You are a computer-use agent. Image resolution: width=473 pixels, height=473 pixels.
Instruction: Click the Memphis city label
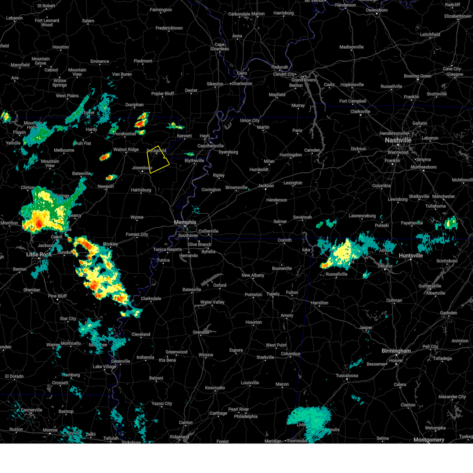[185, 222]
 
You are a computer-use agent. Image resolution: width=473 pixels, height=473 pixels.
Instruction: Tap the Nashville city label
[398, 140]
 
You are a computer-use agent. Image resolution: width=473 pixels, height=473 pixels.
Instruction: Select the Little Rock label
[39, 255]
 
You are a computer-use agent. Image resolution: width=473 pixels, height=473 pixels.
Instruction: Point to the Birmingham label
[396, 351]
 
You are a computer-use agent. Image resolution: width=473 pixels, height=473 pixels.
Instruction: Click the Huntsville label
[411, 255]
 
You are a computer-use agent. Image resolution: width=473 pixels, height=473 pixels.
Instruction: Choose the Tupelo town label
[273, 294]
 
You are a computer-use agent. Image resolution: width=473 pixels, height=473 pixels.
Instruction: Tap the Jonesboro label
[142, 168]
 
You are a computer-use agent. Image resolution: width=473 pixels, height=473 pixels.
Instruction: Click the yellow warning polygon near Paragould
[157, 160]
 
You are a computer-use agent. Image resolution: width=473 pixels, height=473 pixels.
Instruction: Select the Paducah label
[279, 67]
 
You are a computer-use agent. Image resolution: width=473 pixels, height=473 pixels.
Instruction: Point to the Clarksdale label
[151, 298]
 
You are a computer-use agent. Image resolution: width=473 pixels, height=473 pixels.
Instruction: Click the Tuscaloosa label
[347, 376]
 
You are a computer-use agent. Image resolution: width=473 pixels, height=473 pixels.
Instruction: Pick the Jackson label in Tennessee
[266, 186]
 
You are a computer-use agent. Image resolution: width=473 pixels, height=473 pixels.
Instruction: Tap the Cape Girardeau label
[220, 47]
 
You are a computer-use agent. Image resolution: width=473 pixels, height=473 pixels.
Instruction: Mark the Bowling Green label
[417, 76]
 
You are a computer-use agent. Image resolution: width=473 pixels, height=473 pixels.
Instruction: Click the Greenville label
[120, 361]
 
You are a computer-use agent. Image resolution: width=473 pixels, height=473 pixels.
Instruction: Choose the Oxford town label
[220, 285]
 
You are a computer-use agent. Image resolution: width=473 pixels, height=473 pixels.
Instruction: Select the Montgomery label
[429, 439]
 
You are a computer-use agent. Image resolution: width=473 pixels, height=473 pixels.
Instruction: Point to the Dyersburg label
[228, 152]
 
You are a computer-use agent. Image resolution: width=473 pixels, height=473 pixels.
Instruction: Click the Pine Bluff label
[58, 296]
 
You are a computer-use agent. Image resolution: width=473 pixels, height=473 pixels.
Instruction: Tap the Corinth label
[285, 240]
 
